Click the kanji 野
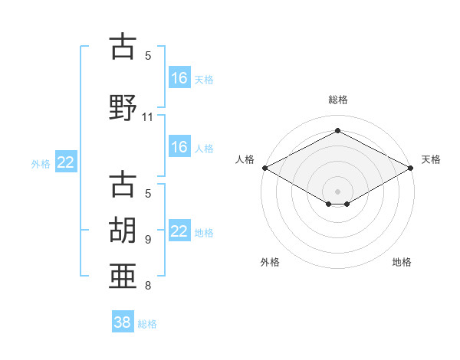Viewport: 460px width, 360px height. point(123,107)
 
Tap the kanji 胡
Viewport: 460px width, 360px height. point(123,230)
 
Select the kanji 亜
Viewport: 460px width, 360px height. point(123,276)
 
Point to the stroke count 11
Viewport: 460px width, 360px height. point(147,117)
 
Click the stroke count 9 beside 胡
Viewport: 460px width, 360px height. point(148,240)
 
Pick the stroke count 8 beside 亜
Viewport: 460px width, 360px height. point(148,285)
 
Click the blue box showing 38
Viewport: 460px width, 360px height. point(123,321)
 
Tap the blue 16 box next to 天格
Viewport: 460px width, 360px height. point(179,77)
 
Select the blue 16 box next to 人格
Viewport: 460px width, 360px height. point(179,146)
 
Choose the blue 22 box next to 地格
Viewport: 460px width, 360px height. point(179,230)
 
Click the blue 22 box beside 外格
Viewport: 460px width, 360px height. point(66,162)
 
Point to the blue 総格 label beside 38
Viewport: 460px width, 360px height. point(147,324)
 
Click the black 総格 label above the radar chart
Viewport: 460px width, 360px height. point(338,100)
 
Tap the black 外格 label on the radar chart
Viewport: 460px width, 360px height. point(270,262)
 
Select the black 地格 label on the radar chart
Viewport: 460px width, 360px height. point(402,262)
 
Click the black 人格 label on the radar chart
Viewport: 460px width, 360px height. point(245,159)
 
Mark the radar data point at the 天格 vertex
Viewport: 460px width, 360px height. point(410,168)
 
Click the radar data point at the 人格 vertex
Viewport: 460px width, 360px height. point(265,168)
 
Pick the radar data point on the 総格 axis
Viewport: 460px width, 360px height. point(337,130)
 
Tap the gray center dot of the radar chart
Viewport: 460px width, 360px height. point(337,191)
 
